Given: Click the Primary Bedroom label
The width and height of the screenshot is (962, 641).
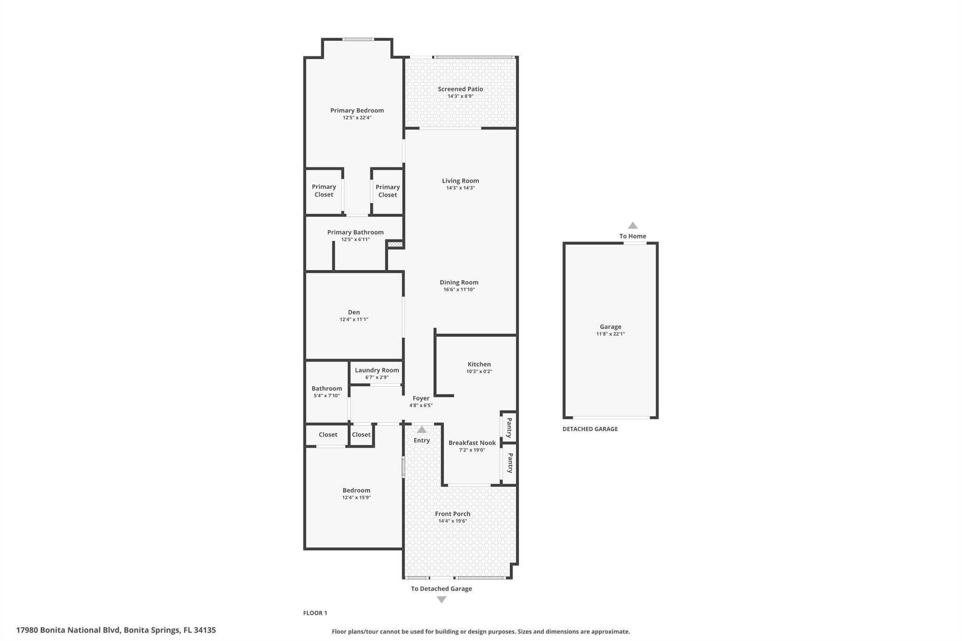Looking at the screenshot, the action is pyautogui.click(x=357, y=110).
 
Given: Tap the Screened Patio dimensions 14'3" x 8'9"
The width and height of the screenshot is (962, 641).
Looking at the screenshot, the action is pyautogui.click(x=460, y=96).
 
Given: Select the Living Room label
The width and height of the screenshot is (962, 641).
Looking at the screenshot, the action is pyautogui.click(x=460, y=181).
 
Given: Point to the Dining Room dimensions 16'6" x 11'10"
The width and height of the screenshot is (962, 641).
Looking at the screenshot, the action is pyautogui.click(x=459, y=290).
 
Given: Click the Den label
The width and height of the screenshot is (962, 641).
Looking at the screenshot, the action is pyautogui.click(x=354, y=312).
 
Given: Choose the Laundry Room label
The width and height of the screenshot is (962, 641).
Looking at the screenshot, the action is pyautogui.click(x=377, y=370).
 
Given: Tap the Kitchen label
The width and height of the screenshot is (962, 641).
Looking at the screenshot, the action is pyautogui.click(x=479, y=364).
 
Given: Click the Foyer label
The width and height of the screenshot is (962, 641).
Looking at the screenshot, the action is pyautogui.click(x=421, y=398).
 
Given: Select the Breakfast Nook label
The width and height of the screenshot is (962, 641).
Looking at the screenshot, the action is pyautogui.click(x=472, y=443).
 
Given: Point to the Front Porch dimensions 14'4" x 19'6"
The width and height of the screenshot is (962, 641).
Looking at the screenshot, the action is pyautogui.click(x=452, y=521).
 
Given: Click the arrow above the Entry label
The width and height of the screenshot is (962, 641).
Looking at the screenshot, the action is pyautogui.click(x=422, y=430).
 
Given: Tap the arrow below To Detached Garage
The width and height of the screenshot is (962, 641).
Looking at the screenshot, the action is pyautogui.click(x=442, y=600).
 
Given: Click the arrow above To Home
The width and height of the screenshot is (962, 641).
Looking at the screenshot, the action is pyautogui.click(x=633, y=225).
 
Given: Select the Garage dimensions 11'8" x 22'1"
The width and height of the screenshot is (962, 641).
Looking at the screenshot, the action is pyautogui.click(x=611, y=334).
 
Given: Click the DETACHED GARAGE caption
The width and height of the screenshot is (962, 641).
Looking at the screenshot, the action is pyautogui.click(x=590, y=429).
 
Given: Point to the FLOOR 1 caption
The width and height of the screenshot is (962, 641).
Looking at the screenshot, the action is pyautogui.click(x=315, y=613).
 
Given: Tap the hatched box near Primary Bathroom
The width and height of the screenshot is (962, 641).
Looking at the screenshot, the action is pyautogui.click(x=395, y=245).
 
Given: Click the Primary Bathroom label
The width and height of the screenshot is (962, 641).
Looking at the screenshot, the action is pyautogui.click(x=356, y=232).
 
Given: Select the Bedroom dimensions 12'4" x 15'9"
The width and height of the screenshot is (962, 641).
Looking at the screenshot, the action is pyautogui.click(x=357, y=498).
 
